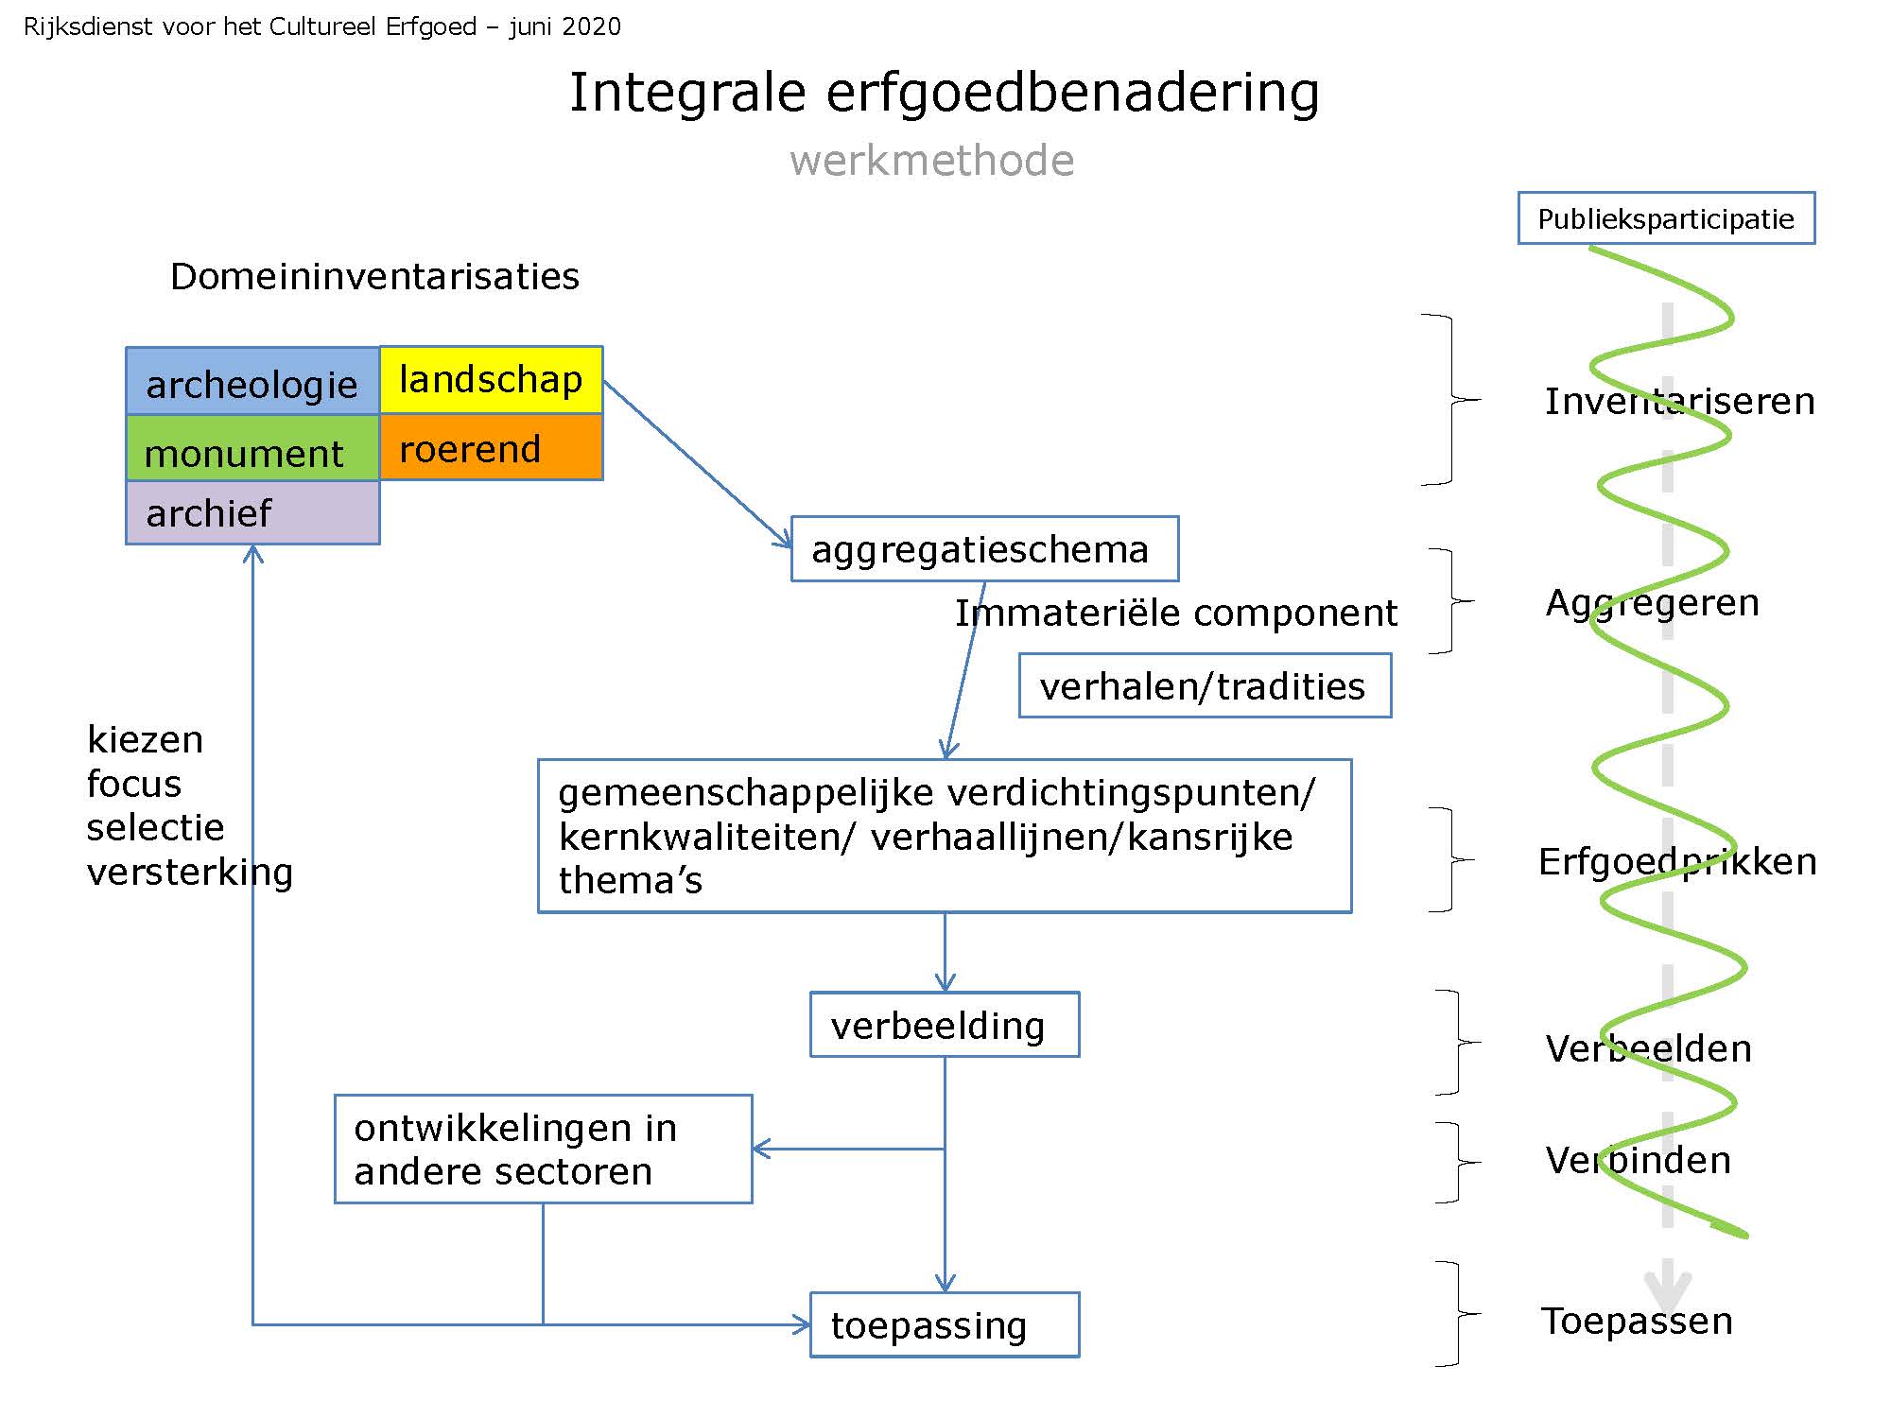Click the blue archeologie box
[x=252, y=382]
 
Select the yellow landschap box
[x=491, y=380]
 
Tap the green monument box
[x=252, y=450]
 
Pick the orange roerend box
[x=491, y=448]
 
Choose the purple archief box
[x=252, y=513]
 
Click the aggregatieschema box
[x=984, y=549]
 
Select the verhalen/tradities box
[x=1205, y=685]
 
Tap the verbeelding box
[x=944, y=1025]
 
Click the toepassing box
[x=944, y=1324]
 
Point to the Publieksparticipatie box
[x=1666, y=218]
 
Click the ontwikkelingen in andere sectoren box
[x=543, y=1150]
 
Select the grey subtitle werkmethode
[x=932, y=161]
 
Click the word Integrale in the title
[x=687, y=93]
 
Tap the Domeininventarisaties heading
[x=374, y=277]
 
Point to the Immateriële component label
[x=1175, y=614]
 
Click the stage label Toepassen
[x=1637, y=1321]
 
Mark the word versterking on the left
[x=189, y=872]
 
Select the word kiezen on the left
[x=145, y=739]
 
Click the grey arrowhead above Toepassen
[x=1667, y=1288]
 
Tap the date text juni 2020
[x=564, y=26]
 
